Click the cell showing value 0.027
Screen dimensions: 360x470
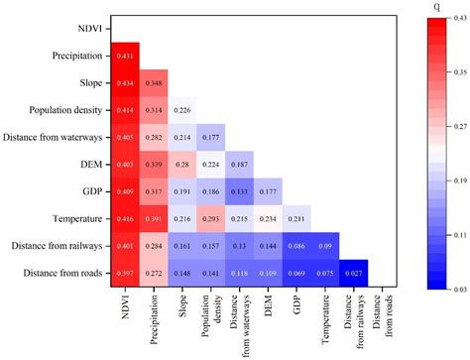tap(354, 271)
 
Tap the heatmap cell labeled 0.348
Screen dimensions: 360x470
tap(155, 83)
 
